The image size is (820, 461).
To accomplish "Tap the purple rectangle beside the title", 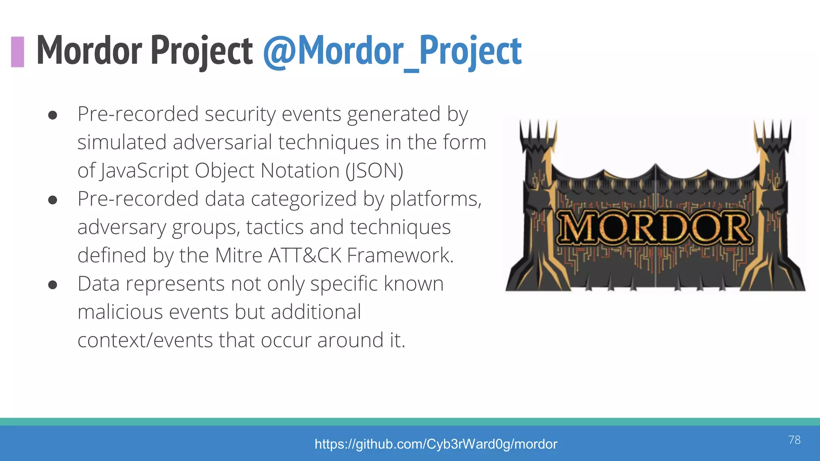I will click(18, 52).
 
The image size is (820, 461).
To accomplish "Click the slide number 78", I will click(794, 440).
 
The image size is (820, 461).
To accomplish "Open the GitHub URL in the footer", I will click(436, 444).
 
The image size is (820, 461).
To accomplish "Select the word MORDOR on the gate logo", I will click(655, 228).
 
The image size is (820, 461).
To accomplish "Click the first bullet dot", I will click(52, 115).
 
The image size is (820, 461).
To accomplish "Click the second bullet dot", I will click(52, 200).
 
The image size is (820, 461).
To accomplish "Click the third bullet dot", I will click(52, 285).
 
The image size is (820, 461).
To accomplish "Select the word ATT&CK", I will click(305, 255).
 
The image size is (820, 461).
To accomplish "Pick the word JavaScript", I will click(144, 171).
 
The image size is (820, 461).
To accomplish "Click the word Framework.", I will click(400, 255).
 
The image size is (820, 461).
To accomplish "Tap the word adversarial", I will click(222, 142).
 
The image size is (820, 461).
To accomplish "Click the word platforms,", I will click(436, 199).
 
